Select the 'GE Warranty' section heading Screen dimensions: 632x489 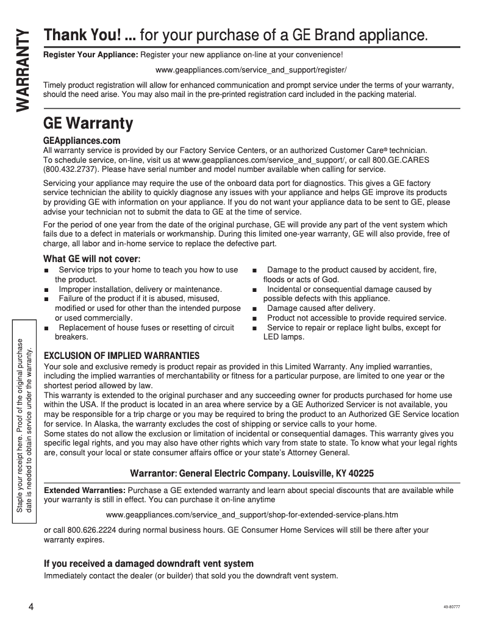(88, 123)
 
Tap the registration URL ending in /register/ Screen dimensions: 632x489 (251, 71)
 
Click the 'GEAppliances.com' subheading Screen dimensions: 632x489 (82, 141)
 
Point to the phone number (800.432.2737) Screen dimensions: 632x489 (70, 169)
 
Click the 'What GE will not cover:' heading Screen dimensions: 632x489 (92, 259)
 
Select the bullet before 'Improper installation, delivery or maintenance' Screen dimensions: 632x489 (46, 289)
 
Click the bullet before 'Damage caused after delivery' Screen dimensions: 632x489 (254, 308)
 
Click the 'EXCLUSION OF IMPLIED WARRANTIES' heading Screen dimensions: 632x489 (122, 355)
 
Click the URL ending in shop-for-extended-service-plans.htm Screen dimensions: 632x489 (251, 515)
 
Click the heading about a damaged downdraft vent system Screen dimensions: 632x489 (148, 564)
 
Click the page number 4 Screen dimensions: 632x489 (30, 608)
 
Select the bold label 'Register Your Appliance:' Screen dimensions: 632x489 (91, 55)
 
